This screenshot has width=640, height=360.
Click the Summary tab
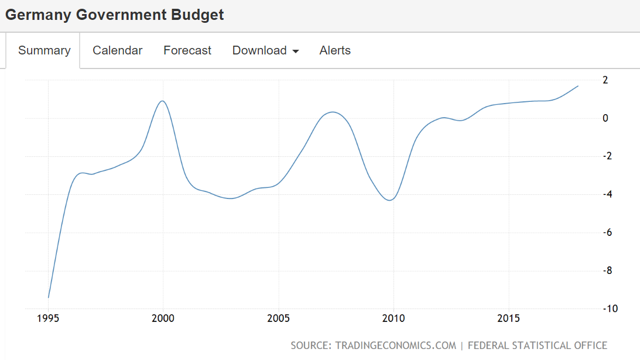tap(44, 50)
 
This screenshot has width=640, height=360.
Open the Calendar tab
tap(117, 50)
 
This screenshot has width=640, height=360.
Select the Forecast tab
tap(187, 50)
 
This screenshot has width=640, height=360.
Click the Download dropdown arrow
tap(296, 52)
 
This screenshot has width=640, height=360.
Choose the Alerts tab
tap(335, 50)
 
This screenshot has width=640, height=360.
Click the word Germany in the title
tap(38, 15)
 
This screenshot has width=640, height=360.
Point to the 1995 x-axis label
tap(48, 318)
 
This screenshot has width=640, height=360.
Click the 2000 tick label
tap(163, 318)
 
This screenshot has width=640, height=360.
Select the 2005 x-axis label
tap(278, 318)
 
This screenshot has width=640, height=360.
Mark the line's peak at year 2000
tap(162, 101)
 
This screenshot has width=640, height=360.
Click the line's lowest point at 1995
tap(49, 297)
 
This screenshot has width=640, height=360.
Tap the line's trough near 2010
tap(390, 200)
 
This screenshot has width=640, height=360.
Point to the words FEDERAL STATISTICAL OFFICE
tap(537, 345)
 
